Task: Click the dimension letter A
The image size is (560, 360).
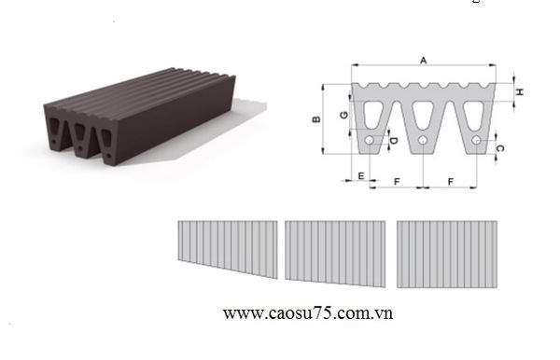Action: pos(423,61)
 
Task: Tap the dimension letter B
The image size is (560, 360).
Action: pos(316,119)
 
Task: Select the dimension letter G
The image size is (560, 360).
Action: pos(343,115)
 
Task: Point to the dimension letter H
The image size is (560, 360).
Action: pos(520,91)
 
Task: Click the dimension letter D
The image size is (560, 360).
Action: pos(394,141)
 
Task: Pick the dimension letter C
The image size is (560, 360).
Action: pos(500,148)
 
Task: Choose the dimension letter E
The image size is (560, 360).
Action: pos(361,175)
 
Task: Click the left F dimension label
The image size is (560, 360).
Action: pos(397,182)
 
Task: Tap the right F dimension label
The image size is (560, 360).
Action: pos(451,182)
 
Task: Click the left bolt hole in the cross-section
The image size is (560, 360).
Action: pos(370,140)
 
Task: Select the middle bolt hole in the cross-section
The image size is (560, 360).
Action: pos(423,140)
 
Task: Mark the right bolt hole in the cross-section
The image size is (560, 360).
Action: pos(476,140)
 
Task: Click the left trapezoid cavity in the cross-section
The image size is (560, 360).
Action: pos(373,114)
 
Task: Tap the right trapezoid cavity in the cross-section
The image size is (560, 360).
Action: pos(474,114)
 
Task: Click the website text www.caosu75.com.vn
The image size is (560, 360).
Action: pos(308,313)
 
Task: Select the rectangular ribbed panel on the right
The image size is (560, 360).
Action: pos(447,255)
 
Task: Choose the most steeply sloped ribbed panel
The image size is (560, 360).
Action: pos(228,249)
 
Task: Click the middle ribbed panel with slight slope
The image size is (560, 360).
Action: pos(335,254)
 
